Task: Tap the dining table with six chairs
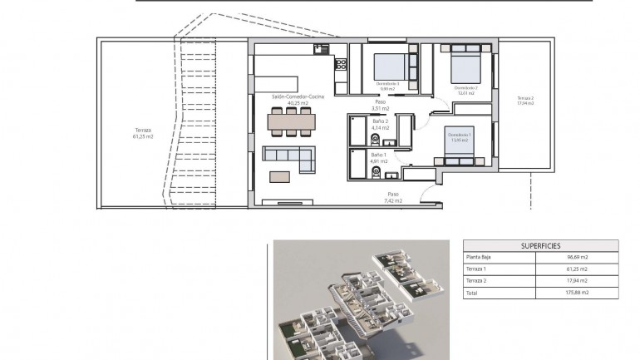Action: click(291, 122)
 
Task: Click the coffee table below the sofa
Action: click(281, 175)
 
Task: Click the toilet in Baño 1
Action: click(376, 173)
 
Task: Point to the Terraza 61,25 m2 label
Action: click(143, 134)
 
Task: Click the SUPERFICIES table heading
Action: click(540, 246)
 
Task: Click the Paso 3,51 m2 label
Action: click(381, 106)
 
